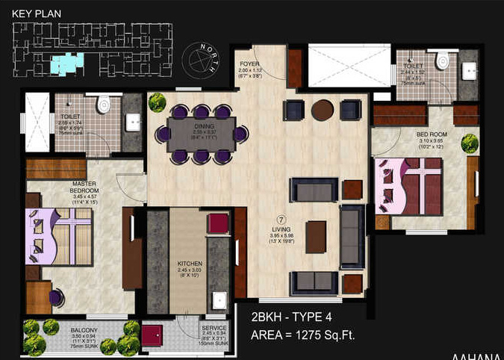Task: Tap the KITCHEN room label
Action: point(184,264)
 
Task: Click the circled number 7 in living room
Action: point(281,220)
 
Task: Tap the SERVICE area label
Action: point(214,328)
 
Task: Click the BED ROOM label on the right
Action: point(430,134)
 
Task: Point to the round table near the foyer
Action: point(322,111)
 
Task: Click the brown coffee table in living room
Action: point(316,238)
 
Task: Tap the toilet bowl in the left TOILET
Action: point(104,102)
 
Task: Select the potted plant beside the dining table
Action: point(157,102)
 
